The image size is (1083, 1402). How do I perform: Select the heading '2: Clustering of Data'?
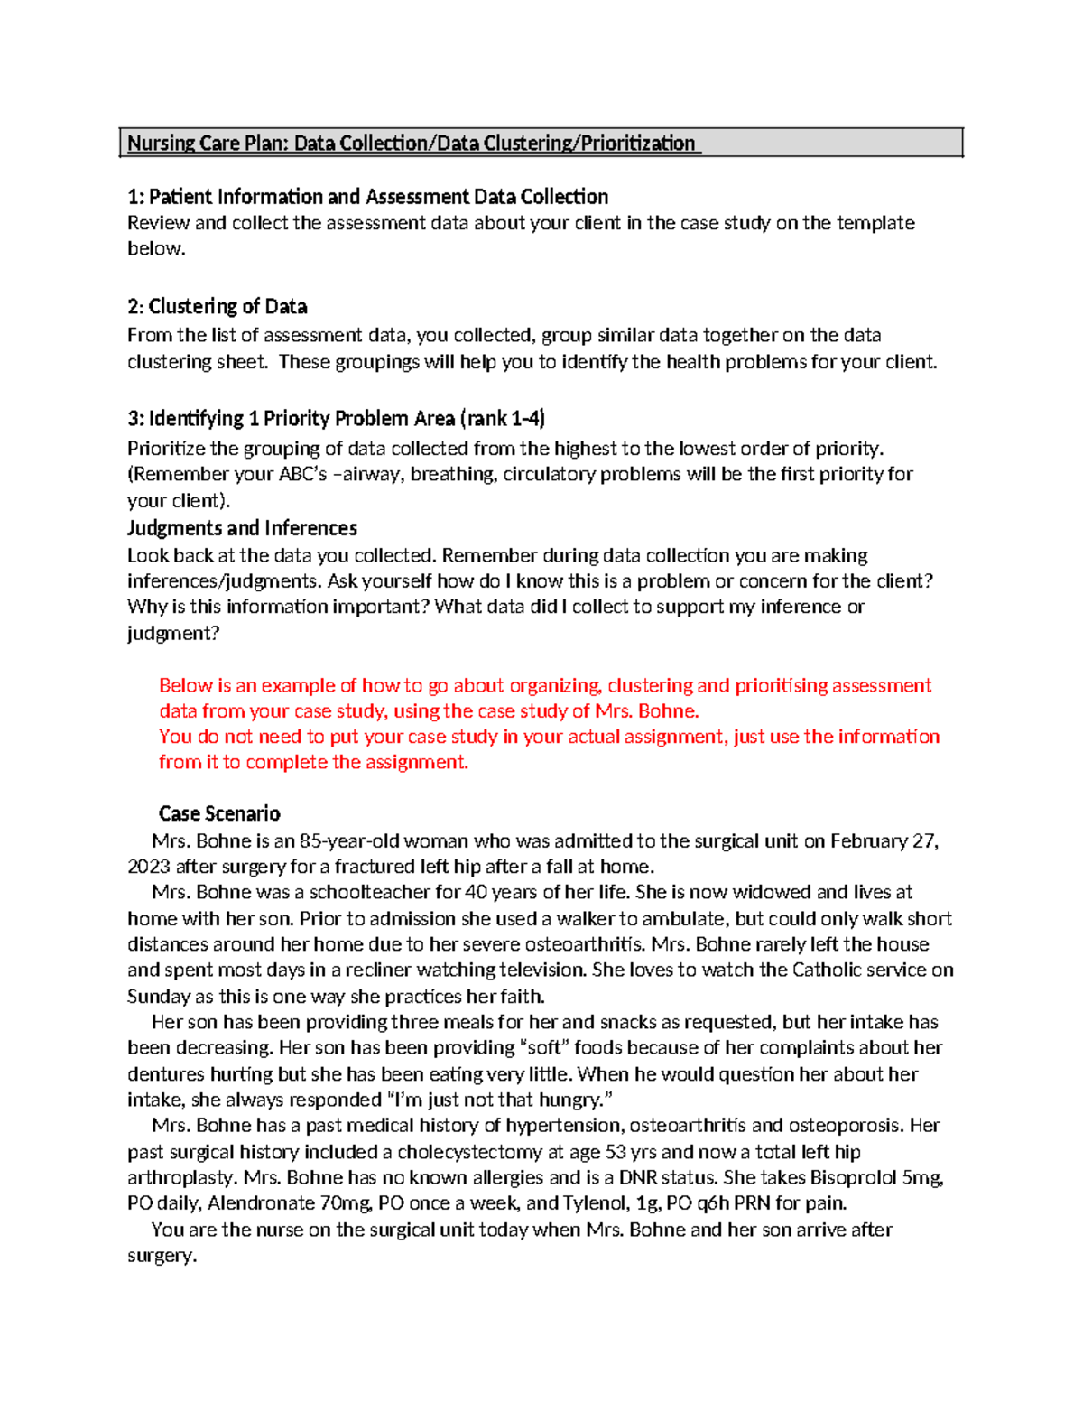click(x=218, y=307)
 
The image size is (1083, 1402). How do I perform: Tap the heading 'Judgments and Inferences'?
click(x=242, y=528)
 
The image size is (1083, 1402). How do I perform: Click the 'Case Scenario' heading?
click(x=219, y=813)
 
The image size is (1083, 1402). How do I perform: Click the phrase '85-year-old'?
click(x=349, y=841)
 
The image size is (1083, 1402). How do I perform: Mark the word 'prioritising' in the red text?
click(x=781, y=686)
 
